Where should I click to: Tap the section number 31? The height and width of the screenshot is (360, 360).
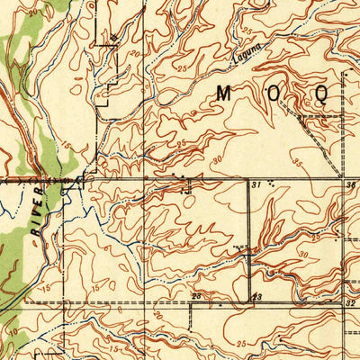pyautogui.click(x=256, y=184)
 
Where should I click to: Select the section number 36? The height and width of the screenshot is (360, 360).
pyautogui.click(x=350, y=184)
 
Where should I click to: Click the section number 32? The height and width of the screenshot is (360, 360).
pyautogui.click(x=350, y=304)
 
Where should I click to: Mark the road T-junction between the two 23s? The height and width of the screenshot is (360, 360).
pyautogui.click(x=250, y=302)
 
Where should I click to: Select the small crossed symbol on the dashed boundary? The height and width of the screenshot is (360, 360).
pyautogui.click(x=114, y=37)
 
